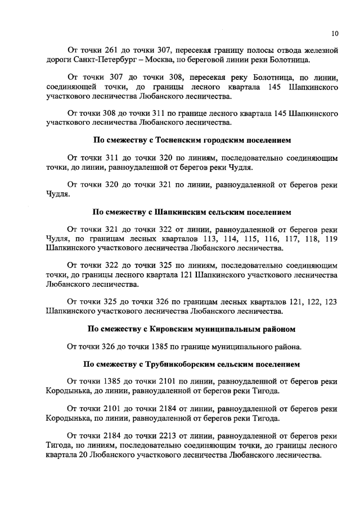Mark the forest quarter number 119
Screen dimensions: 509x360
coord(331,240)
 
